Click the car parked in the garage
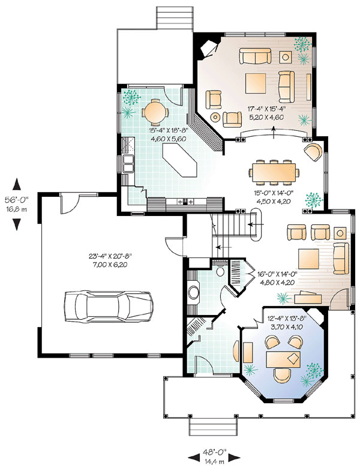pyautogui.click(x=109, y=306)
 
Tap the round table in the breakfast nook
pyautogui.click(x=155, y=112)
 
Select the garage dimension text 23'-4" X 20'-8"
pyautogui.click(x=110, y=256)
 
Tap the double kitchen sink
pyautogui.click(x=128, y=164)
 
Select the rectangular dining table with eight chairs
pyautogui.click(x=274, y=172)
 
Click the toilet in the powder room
pyautogui.click(x=221, y=271)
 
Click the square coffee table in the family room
pyautogui.click(x=256, y=83)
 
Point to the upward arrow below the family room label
pyautogui.click(x=274, y=132)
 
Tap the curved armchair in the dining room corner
pyautogui.click(x=314, y=152)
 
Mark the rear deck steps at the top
pyautogui.click(x=174, y=17)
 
